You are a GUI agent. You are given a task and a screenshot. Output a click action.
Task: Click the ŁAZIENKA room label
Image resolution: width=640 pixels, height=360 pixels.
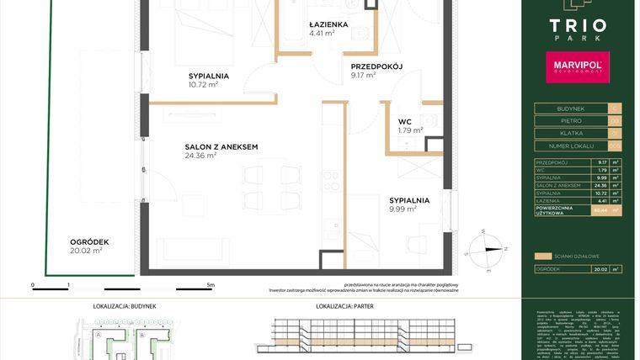coord(328,25)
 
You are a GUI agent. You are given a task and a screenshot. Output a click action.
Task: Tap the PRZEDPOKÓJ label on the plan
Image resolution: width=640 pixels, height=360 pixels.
coord(376,66)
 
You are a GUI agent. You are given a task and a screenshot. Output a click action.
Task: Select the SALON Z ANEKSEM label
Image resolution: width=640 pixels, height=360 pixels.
coord(221,147)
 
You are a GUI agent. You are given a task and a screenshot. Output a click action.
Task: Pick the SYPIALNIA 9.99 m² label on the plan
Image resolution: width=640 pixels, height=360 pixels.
coord(409,200)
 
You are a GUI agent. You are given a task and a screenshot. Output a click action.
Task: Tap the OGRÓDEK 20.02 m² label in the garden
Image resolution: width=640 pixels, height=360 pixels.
coord(87,241)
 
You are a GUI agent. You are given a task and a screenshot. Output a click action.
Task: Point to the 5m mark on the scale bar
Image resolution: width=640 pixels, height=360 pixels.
coord(211,285)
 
